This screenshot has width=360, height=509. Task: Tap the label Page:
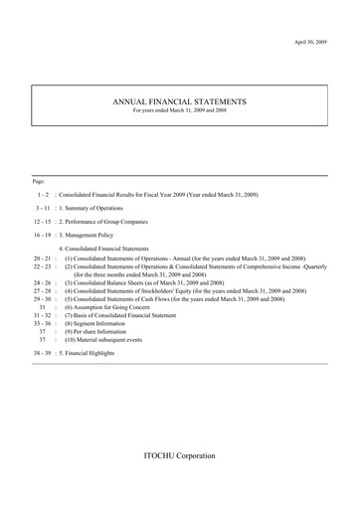(x=39, y=181)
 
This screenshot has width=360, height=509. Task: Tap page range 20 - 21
(x=42, y=257)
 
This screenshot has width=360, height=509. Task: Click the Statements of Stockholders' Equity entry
(x=185, y=290)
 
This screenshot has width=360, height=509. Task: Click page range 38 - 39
(x=43, y=355)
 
